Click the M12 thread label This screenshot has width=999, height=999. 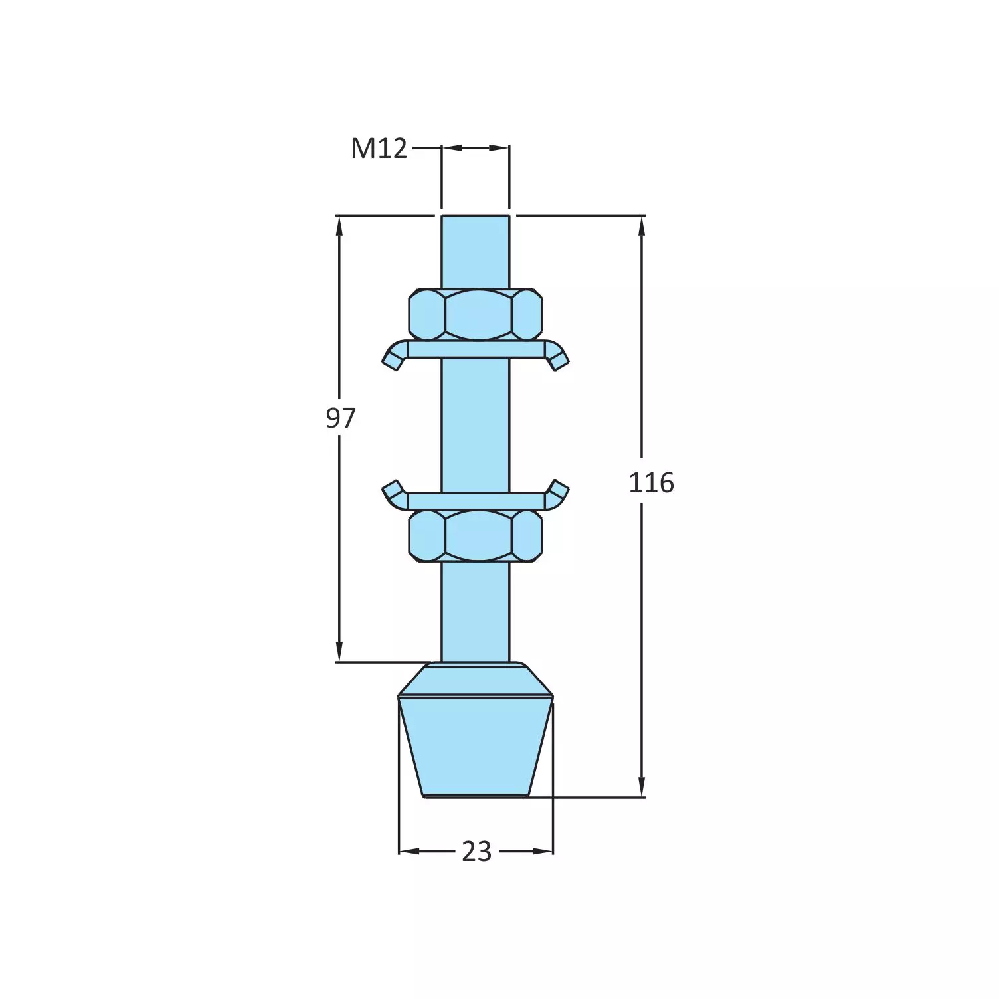379,149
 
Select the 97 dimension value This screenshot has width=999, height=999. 341,418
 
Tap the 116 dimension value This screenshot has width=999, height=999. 651,483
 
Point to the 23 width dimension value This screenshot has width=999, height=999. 476,852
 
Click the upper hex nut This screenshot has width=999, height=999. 476,314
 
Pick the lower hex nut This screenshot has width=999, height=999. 476,535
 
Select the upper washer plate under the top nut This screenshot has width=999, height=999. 476,350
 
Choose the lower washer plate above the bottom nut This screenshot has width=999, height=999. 476,501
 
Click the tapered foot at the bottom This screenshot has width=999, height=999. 476,744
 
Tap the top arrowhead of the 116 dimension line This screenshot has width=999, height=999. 642,226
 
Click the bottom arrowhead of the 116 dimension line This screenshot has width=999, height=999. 642,787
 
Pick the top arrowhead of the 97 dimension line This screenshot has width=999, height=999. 339,226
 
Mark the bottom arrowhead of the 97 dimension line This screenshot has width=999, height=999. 339,652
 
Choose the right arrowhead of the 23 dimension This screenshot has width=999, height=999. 544,851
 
